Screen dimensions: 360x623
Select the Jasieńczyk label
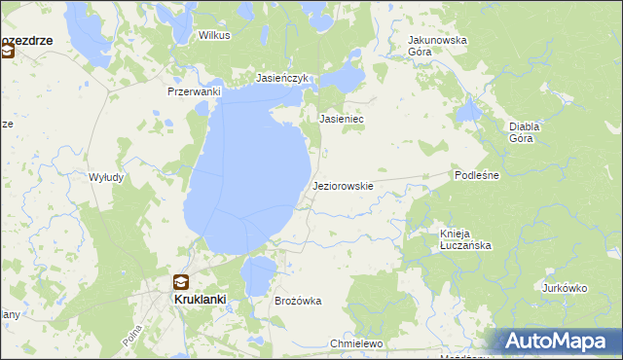282,78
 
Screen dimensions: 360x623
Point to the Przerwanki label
195,91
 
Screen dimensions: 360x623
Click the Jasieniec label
342,119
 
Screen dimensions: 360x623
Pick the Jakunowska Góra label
437,46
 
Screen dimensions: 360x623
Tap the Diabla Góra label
525,132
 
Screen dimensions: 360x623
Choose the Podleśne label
477,175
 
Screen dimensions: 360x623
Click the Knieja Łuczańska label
465,239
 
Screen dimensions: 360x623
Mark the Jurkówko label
566,288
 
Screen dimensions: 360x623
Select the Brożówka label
299,302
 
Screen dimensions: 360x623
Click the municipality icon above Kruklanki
181,282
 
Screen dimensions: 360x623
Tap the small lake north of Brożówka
257,275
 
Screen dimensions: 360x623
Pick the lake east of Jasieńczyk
345,78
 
